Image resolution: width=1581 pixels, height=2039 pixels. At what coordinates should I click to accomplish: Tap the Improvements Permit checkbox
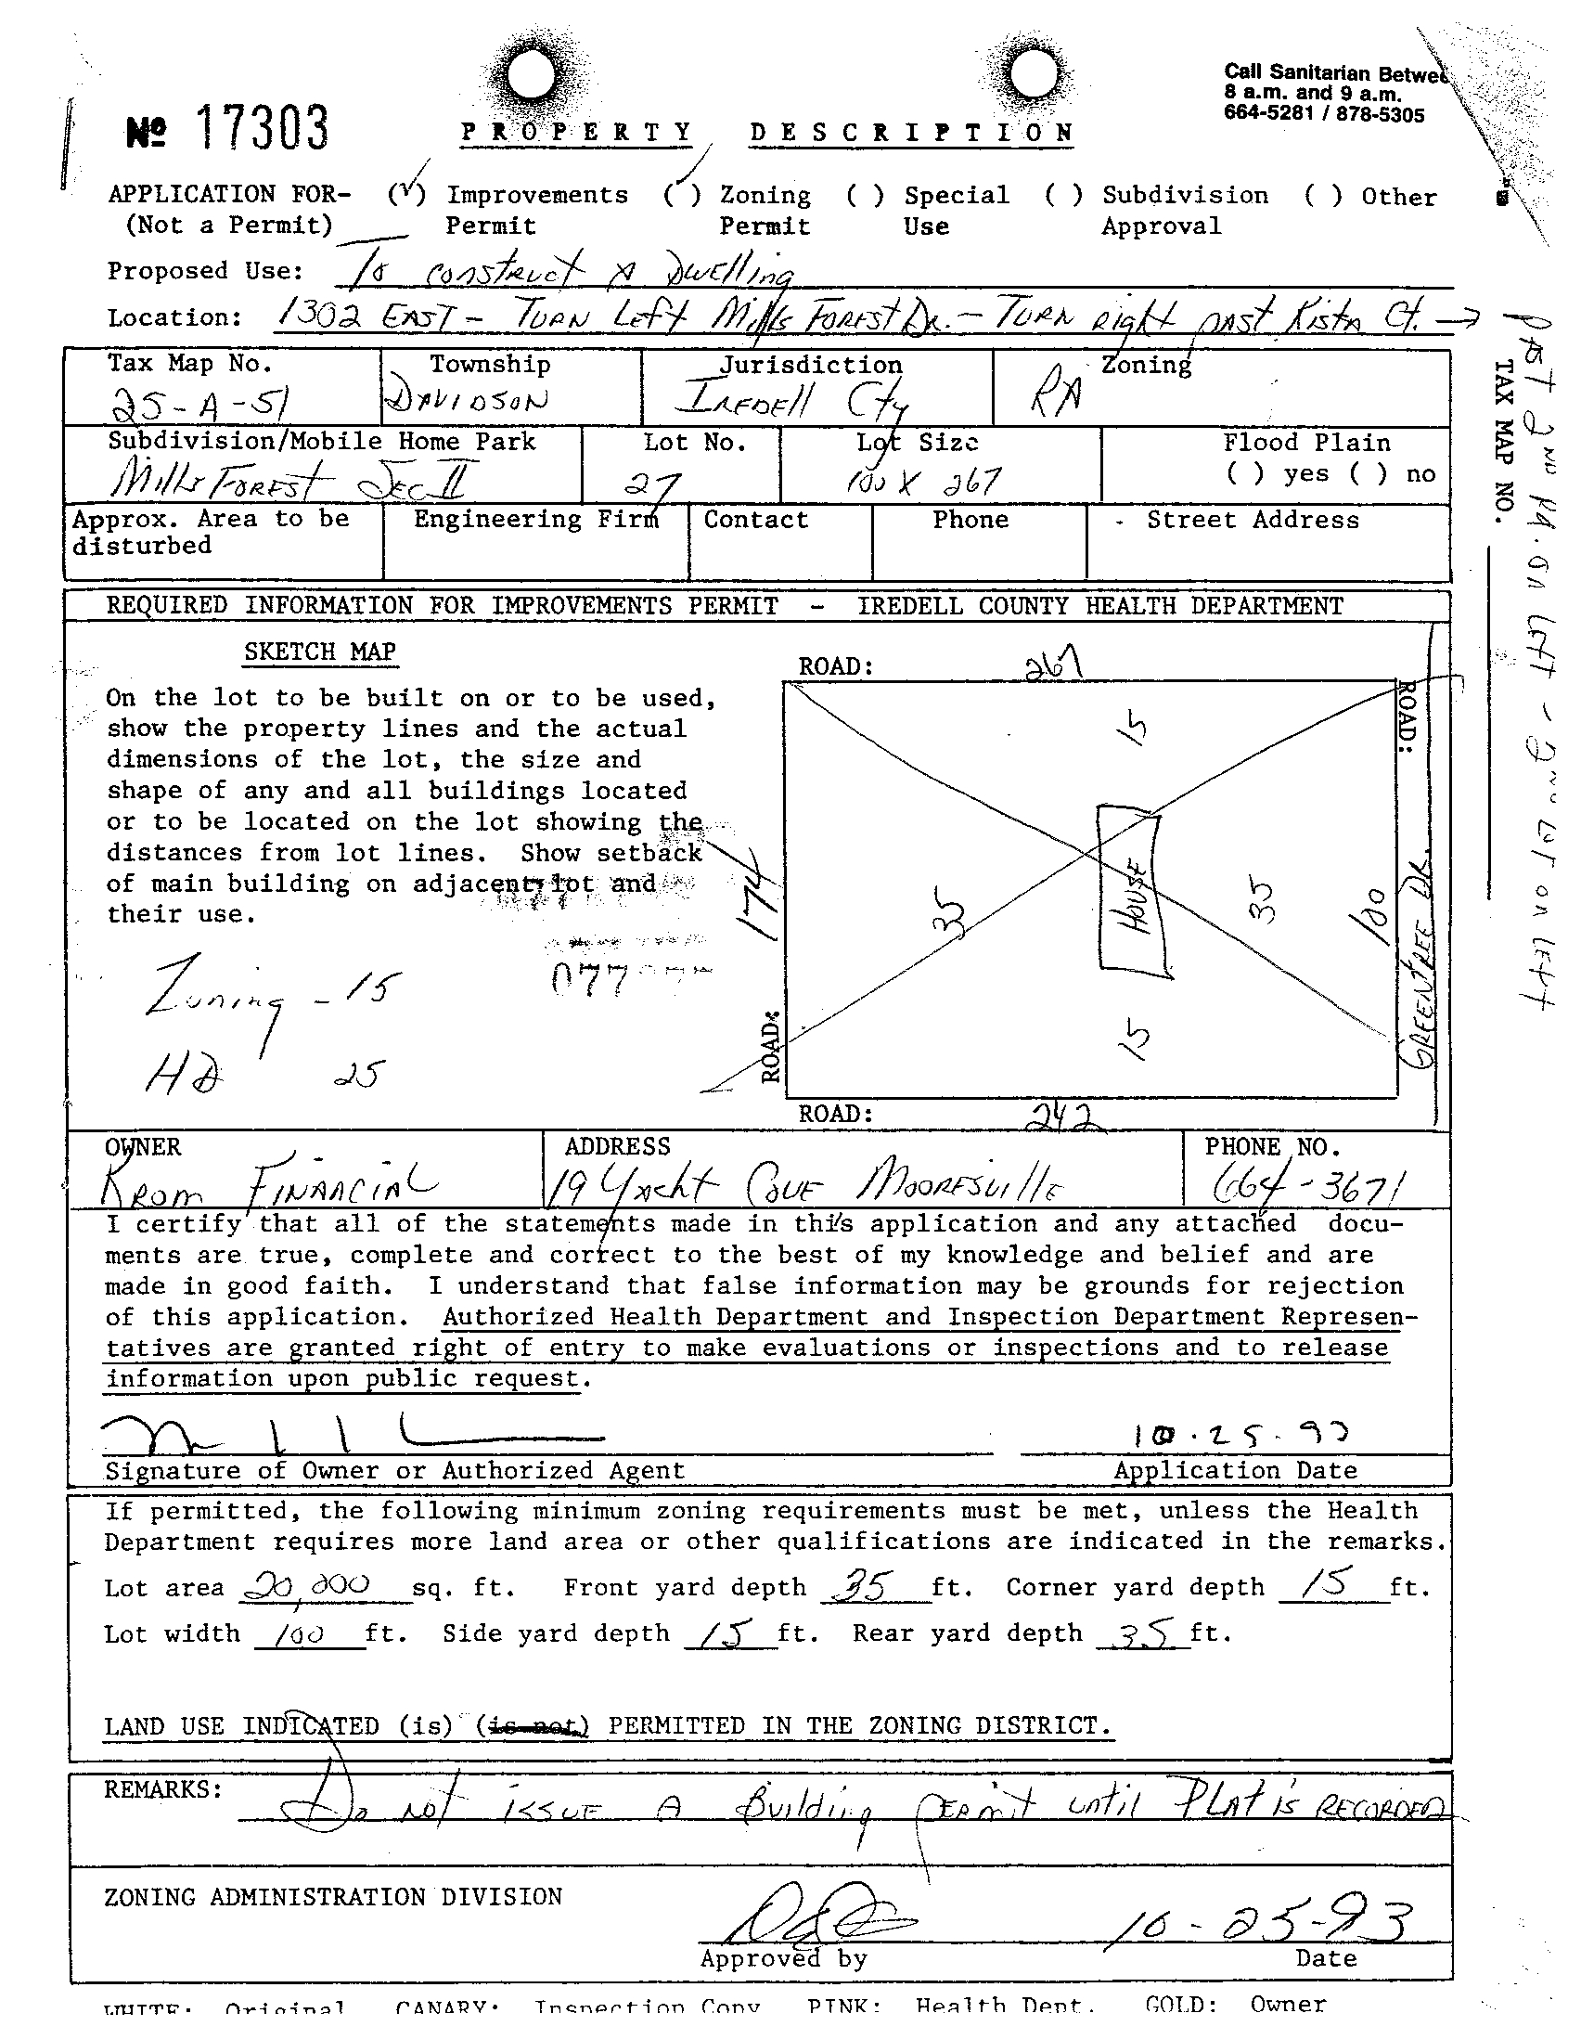click(408, 195)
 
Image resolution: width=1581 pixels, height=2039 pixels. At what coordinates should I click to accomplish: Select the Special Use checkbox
click(864, 195)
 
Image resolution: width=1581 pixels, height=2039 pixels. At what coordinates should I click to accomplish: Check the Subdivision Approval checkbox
click(1063, 195)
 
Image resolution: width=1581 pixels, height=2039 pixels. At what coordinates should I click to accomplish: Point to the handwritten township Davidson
click(467, 401)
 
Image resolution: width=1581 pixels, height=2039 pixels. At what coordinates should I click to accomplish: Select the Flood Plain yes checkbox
click(1245, 474)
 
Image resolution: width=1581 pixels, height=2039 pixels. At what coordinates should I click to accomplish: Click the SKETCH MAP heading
click(320, 652)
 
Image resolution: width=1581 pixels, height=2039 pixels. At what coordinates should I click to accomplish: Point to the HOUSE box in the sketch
click(1134, 892)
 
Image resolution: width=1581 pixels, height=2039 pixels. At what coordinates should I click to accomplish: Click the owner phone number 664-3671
click(1308, 1187)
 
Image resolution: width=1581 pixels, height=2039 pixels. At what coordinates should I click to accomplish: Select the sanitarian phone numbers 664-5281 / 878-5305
click(1324, 116)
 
